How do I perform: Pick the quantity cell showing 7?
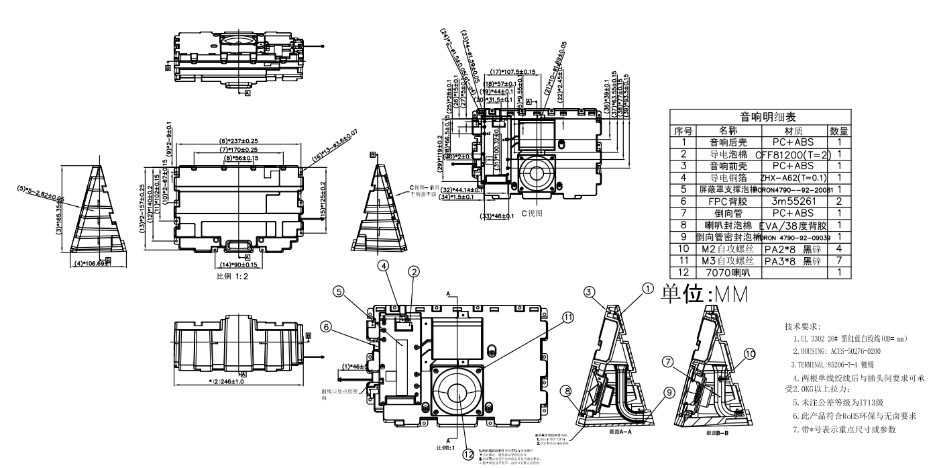coord(839,261)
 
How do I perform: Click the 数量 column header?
coord(839,130)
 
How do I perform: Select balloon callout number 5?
coord(339,292)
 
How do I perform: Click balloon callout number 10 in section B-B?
coord(750,353)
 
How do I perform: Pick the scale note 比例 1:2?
coord(232,276)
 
